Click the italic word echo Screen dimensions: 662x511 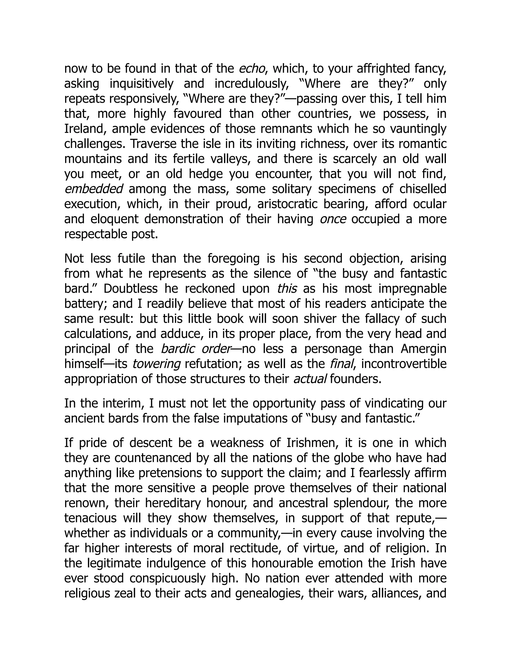tap(252, 68)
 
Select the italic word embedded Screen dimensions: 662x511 tap(94, 189)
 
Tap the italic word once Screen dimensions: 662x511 tap(333, 219)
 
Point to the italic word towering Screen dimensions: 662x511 tap(156, 364)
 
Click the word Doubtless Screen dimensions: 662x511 tap(130, 289)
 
